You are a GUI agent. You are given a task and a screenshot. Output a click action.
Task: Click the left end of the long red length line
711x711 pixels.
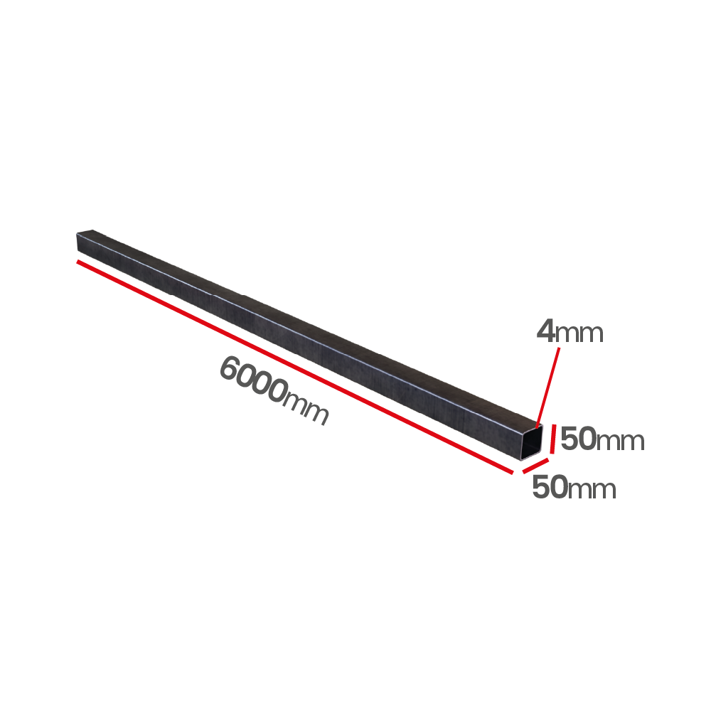tap(77, 262)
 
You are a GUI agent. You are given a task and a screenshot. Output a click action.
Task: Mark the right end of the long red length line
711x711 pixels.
tap(513, 473)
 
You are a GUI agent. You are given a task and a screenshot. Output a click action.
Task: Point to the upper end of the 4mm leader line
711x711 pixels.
tap(559, 348)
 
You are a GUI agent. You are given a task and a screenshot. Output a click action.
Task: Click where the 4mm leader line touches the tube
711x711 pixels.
tap(537, 427)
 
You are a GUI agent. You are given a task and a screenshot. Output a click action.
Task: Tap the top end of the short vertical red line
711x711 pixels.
tap(554, 425)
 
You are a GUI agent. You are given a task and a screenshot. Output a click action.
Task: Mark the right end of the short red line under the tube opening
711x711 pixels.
tap(547, 460)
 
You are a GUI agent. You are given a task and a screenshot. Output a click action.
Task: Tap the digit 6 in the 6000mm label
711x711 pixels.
tap(231, 368)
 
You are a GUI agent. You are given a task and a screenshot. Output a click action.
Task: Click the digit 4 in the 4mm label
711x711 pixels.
tap(545, 331)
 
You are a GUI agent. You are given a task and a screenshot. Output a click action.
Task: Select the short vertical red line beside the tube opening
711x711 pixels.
tap(552, 439)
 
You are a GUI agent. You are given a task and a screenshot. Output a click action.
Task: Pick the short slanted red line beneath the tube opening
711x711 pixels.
tap(535, 466)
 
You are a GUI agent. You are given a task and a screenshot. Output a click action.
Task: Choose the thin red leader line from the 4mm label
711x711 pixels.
tap(547, 387)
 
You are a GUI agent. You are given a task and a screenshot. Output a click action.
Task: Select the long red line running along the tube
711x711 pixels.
tap(295, 367)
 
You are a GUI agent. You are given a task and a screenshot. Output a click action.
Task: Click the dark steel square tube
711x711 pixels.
tap(309, 345)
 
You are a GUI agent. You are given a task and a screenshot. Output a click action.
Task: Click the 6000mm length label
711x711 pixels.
tap(274, 390)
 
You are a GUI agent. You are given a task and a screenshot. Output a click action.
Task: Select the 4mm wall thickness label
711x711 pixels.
tap(570, 331)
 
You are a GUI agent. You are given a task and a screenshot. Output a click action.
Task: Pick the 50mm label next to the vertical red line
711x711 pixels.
tap(602, 439)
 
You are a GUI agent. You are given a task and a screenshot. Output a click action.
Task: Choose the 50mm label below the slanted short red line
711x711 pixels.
tap(574, 488)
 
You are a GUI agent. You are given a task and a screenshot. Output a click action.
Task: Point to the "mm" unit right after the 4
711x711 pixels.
tap(579, 333)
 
